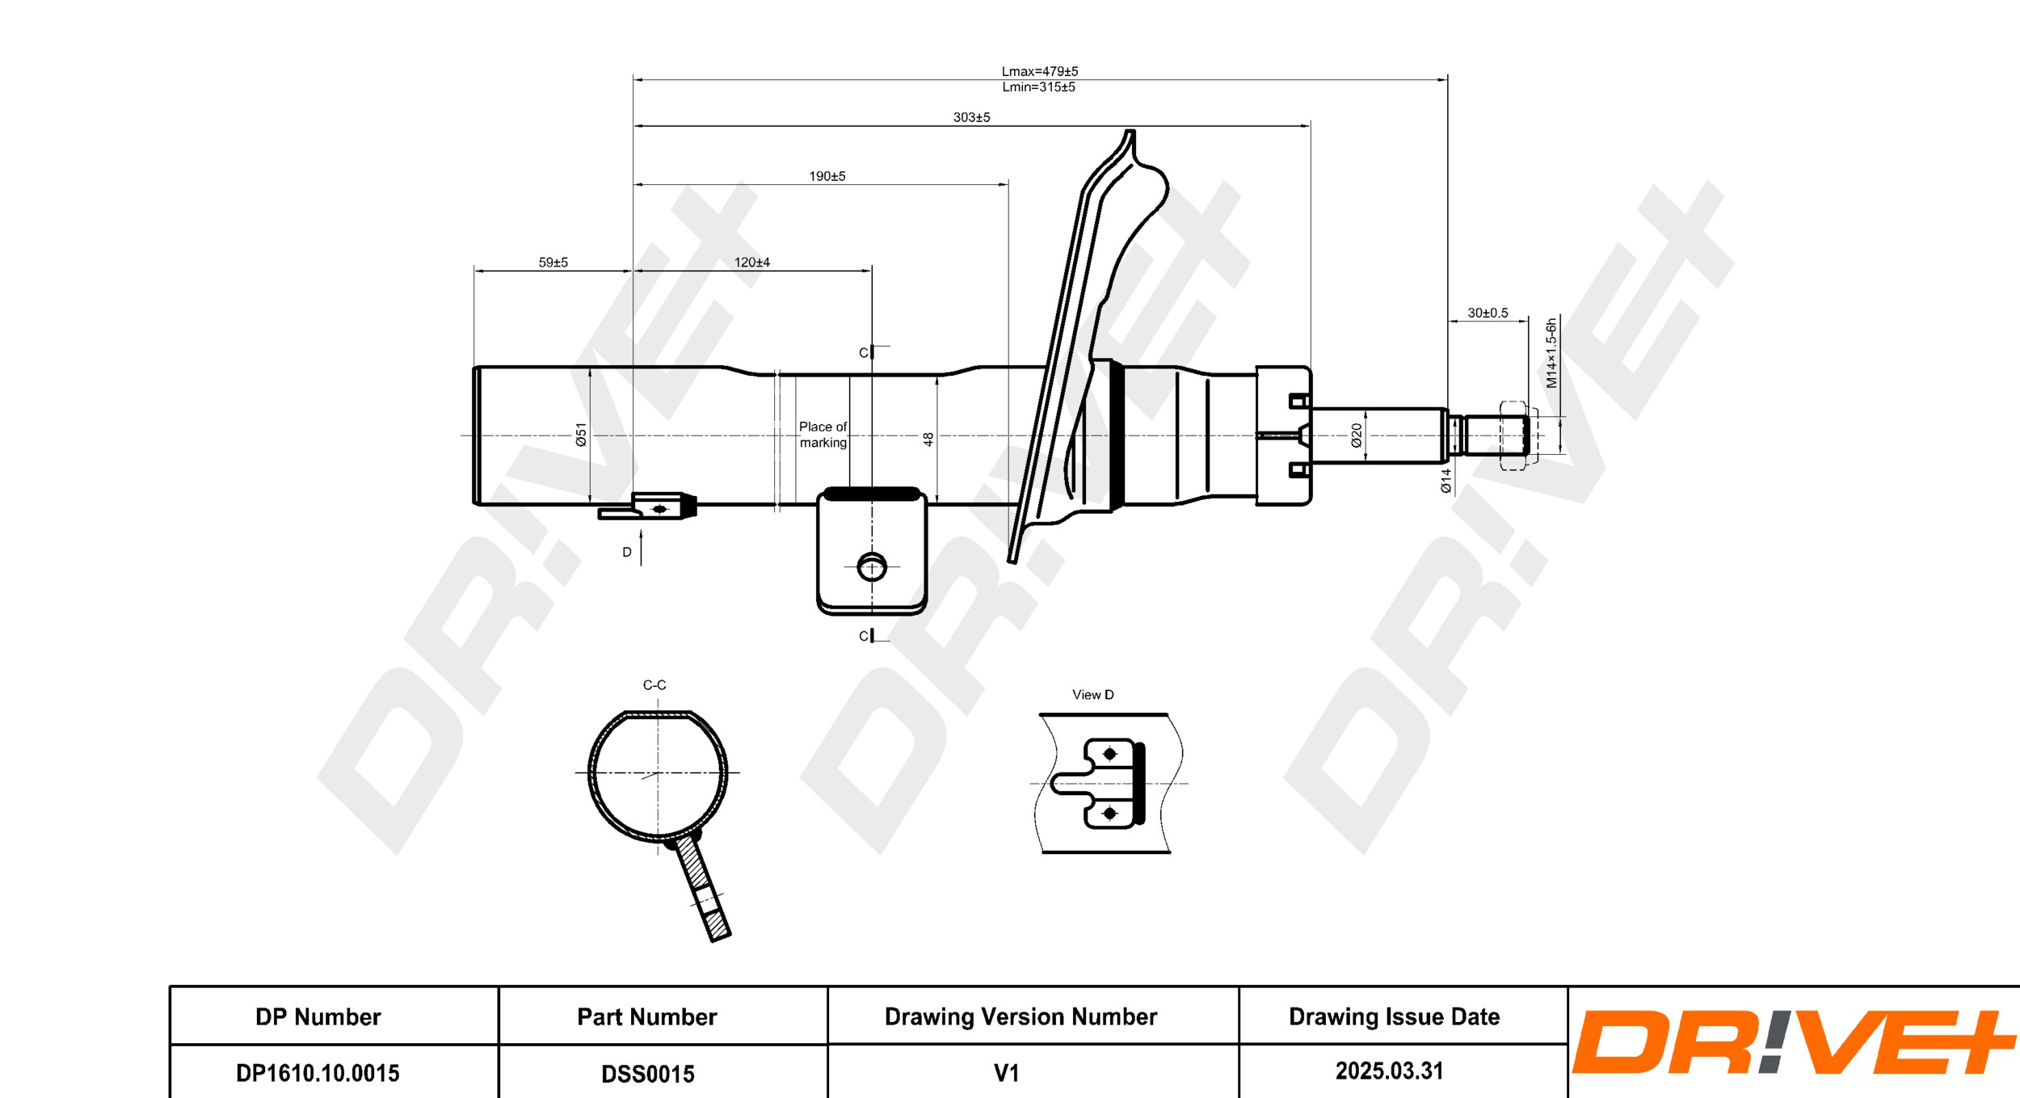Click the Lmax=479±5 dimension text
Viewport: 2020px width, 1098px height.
point(1039,71)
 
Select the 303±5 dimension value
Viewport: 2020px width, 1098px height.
point(971,117)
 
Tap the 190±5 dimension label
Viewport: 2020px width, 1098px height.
point(827,176)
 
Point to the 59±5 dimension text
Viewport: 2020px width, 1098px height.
point(553,263)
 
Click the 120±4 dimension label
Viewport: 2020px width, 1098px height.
point(751,263)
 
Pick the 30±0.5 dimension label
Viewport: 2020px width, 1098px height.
point(1488,313)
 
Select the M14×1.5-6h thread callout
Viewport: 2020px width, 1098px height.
point(1551,353)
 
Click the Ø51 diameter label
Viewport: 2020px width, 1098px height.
point(581,435)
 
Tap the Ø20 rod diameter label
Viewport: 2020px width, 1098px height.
point(1357,435)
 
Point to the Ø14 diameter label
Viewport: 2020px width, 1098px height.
point(1446,481)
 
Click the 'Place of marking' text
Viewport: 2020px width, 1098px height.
point(823,435)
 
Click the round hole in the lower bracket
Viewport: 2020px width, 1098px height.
point(872,566)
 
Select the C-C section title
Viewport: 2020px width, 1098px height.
point(654,685)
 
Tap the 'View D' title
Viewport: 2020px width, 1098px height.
point(1092,695)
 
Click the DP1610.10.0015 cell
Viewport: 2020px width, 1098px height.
point(318,1073)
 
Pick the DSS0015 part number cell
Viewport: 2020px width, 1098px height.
point(647,1074)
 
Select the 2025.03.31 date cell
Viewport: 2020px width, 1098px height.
point(1389,1071)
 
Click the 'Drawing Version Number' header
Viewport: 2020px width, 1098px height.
point(1021,1016)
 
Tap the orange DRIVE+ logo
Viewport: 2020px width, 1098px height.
point(1792,1043)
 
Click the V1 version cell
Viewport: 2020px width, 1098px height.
point(1006,1073)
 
